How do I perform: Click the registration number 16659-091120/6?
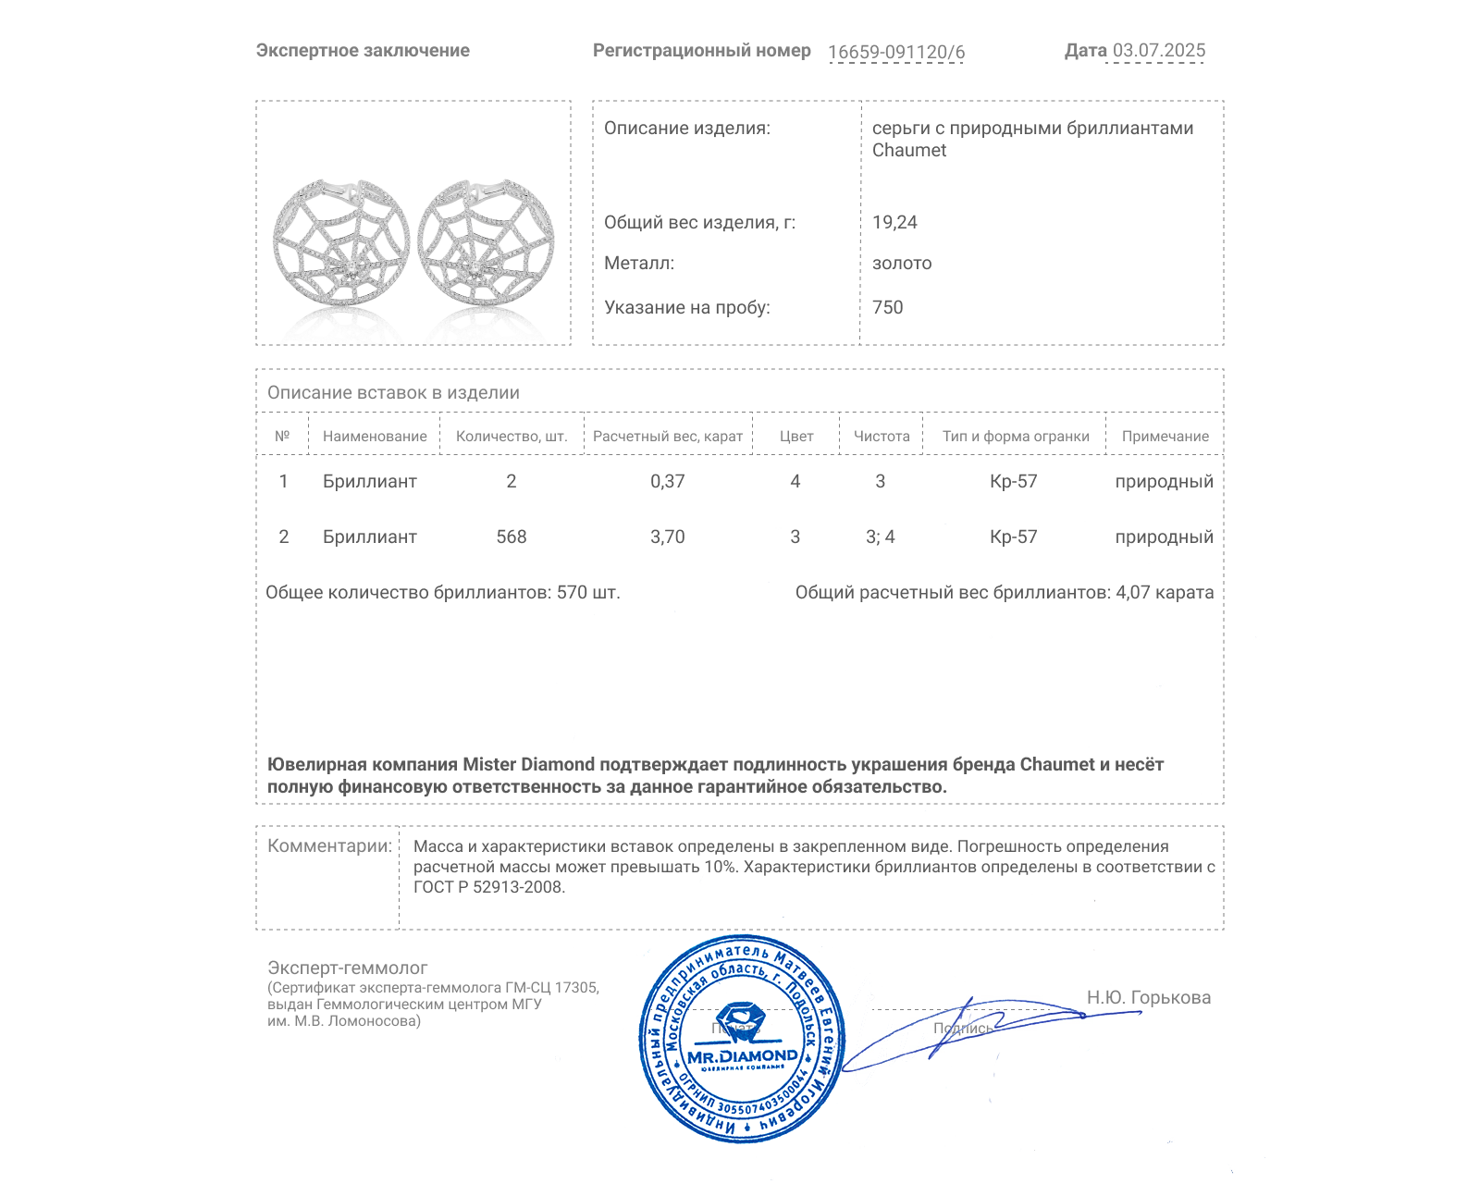click(x=895, y=52)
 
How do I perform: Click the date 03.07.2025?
click(x=1158, y=51)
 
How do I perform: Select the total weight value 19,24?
click(x=894, y=222)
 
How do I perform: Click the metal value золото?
click(x=902, y=263)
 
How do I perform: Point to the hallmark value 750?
click(x=887, y=307)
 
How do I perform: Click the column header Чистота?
click(x=882, y=436)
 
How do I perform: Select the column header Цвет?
click(x=795, y=436)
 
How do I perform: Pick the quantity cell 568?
click(x=511, y=536)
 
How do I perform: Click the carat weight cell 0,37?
click(x=667, y=481)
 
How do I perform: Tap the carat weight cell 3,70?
click(x=667, y=536)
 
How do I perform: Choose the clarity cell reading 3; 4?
click(x=880, y=536)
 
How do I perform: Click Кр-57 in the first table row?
click(x=1013, y=481)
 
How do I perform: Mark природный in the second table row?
click(x=1164, y=536)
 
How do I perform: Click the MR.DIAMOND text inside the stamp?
click(x=742, y=1055)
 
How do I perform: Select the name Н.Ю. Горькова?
click(x=1148, y=997)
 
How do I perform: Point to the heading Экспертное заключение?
click(x=363, y=51)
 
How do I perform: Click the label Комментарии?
click(x=329, y=845)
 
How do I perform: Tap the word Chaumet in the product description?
click(x=908, y=150)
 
